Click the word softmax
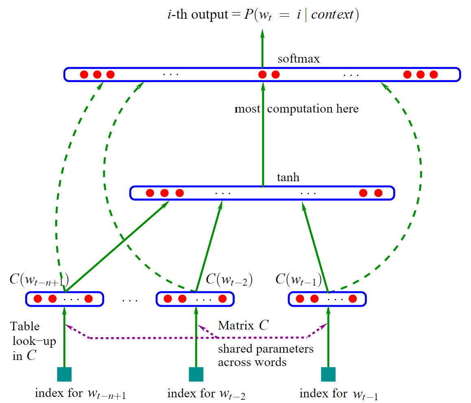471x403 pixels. click(x=299, y=59)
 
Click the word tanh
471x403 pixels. click(x=288, y=178)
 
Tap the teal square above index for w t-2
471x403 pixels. click(x=196, y=374)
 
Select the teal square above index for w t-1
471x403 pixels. click(x=328, y=374)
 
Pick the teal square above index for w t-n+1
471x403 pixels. click(x=64, y=374)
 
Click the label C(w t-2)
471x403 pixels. click(x=229, y=279)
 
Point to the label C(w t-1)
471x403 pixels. click(x=299, y=279)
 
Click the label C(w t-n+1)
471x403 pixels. click(x=39, y=279)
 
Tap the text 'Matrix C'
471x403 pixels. click(x=243, y=325)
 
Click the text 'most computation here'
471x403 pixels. click(x=297, y=108)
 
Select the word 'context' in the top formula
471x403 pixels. click(x=332, y=14)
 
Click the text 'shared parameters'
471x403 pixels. click(x=266, y=349)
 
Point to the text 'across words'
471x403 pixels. click(x=252, y=362)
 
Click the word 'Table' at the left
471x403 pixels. click(x=25, y=326)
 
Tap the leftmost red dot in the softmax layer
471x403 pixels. click(x=84, y=74)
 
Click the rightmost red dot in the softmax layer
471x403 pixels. click(x=434, y=74)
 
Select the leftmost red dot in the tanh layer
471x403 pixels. click(x=150, y=193)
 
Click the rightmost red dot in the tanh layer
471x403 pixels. click(x=379, y=193)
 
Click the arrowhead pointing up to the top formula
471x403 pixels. click(x=262, y=33)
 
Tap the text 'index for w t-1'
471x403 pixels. click(x=339, y=394)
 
